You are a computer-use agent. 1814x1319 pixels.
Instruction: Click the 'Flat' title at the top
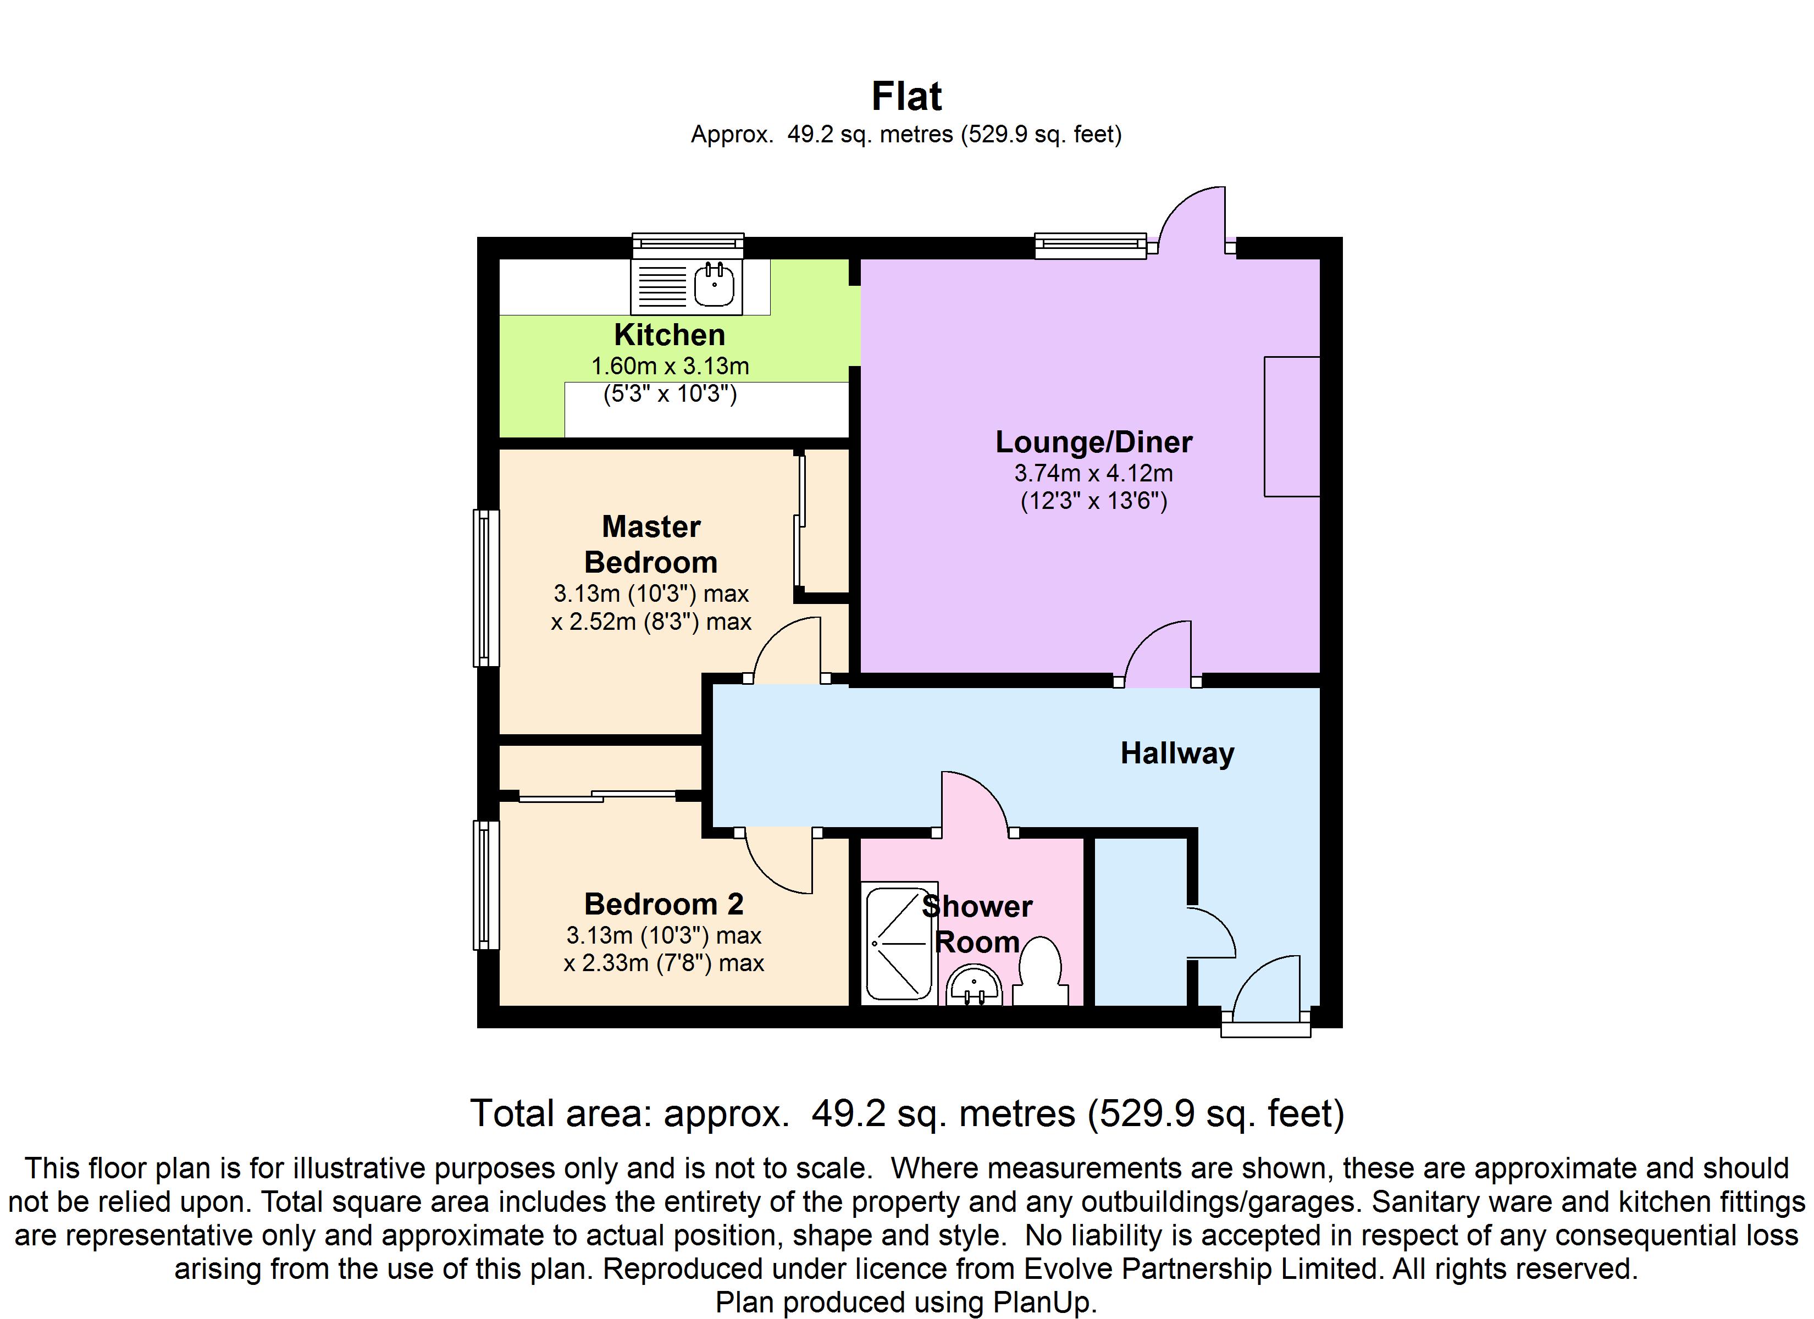click(x=906, y=97)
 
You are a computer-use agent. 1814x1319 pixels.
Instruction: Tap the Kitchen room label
click(x=670, y=334)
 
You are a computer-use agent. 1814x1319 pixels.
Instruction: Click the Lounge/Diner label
click(x=1093, y=441)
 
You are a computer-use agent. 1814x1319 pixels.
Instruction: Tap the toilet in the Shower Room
click(x=1041, y=972)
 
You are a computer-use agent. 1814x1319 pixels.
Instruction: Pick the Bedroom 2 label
click(x=664, y=904)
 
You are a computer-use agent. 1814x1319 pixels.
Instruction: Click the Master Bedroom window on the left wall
click(x=485, y=588)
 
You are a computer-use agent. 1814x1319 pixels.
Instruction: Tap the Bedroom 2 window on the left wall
click(x=485, y=885)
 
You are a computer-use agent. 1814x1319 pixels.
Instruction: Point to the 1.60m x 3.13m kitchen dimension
click(x=670, y=367)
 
